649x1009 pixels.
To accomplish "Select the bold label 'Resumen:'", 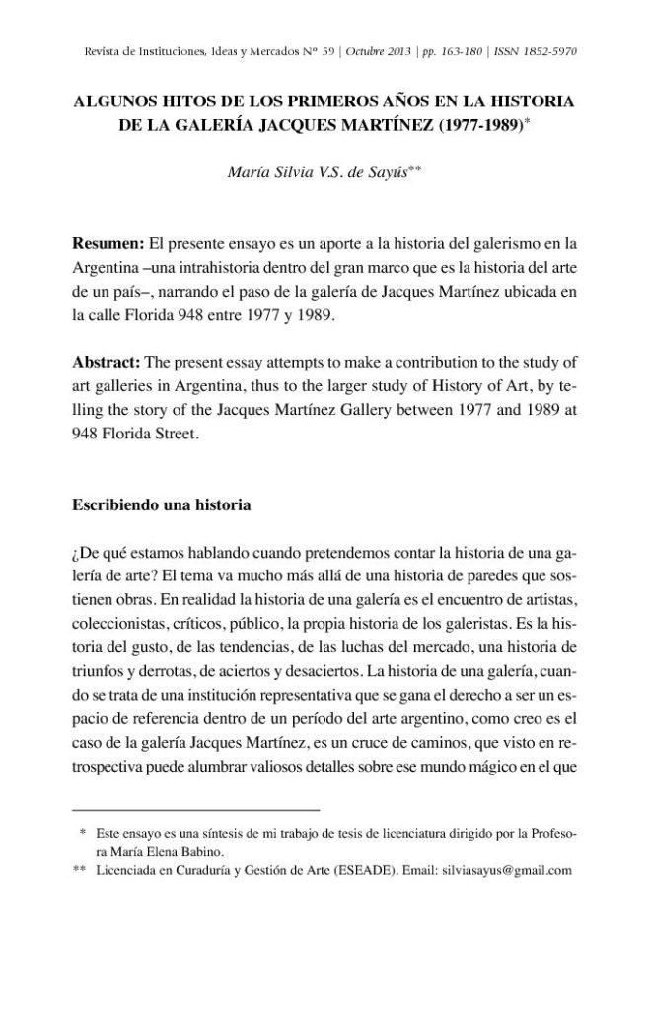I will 108,240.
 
